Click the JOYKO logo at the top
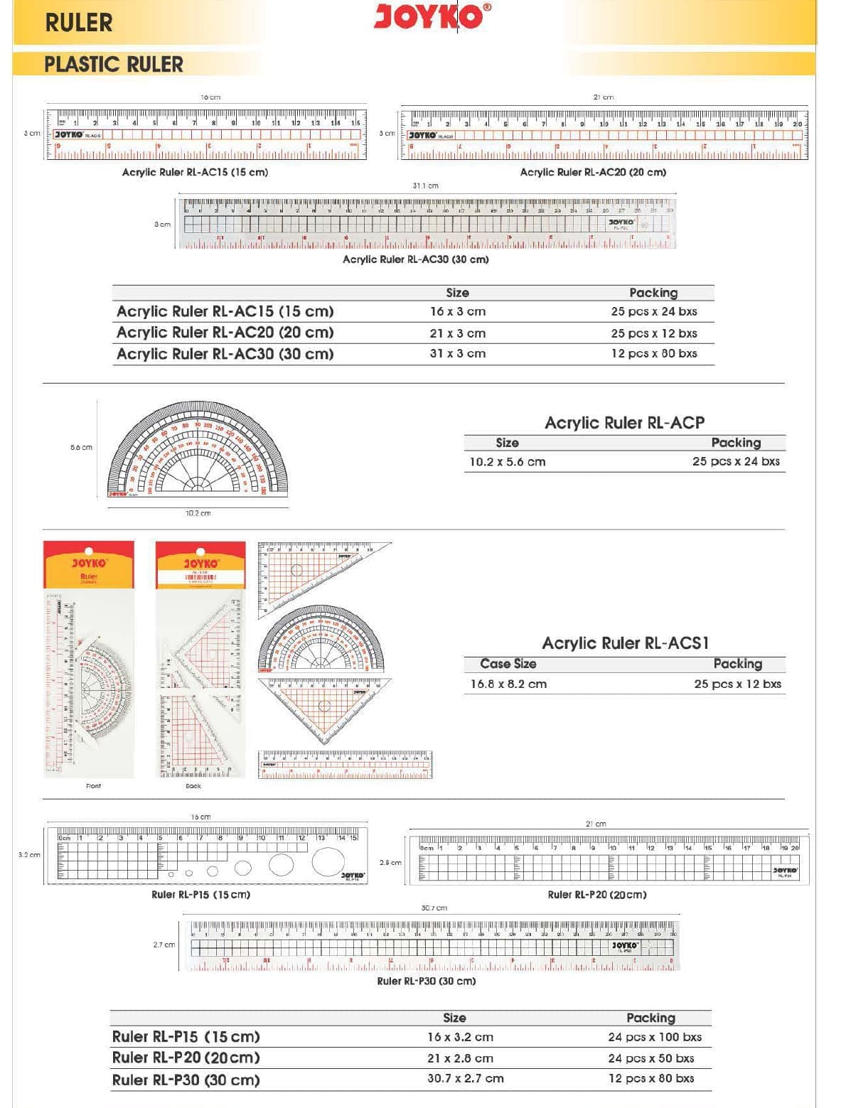pos(432,16)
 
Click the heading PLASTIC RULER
pos(114,65)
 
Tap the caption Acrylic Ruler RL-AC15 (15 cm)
pos(195,172)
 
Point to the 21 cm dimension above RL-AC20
pos(603,97)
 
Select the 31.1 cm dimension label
pos(425,185)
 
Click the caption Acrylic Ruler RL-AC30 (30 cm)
pos(415,259)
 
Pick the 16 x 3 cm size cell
pos(457,311)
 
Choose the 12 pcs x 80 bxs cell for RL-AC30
pos(653,353)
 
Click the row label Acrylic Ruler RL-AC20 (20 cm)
pos(225,333)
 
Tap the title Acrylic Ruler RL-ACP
pos(624,423)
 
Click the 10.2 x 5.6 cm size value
pos(507,462)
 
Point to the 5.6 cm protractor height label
pos(81,447)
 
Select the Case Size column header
pos(508,664)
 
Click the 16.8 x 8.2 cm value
pos(508,684)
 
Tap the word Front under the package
pos(93,786)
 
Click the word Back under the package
pos(193,786)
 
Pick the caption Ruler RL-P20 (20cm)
pos(596,895)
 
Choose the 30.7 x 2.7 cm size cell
pos(465,1078)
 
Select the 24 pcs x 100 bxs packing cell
pos(654,1037)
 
